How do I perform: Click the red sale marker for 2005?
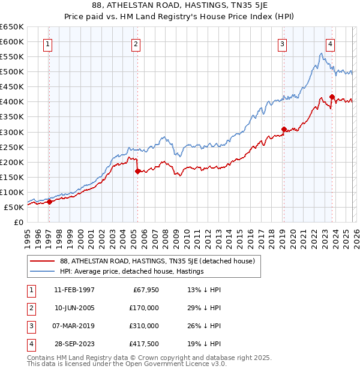137,171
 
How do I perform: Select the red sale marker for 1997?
50,202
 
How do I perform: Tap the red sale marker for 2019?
284,128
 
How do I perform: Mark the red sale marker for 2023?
332,96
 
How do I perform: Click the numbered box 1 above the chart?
47,43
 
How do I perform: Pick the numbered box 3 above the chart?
282,43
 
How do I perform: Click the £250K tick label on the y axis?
12,147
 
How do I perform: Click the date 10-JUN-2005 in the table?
74,308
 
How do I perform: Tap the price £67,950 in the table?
144,290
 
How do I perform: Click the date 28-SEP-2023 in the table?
74,344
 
